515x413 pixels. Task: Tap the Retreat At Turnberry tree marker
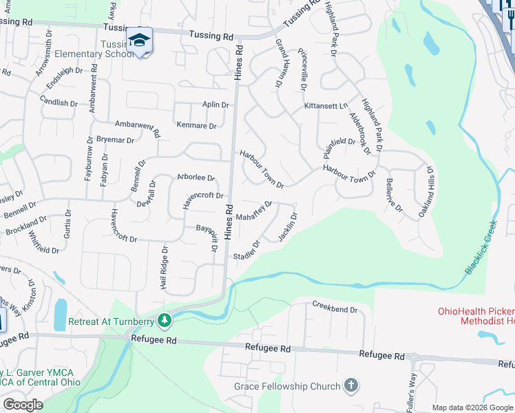[165, 320]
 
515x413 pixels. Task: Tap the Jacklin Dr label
[288, 227]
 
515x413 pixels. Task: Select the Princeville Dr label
[302, 70]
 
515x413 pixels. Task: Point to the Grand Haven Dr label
[280, 63]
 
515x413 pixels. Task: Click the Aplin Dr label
[215, 105]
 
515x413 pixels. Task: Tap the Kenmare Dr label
[197, 126]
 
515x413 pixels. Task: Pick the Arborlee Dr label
[196, 178]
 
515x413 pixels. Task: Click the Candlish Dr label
[59, 103]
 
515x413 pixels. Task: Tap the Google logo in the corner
[23, 405]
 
